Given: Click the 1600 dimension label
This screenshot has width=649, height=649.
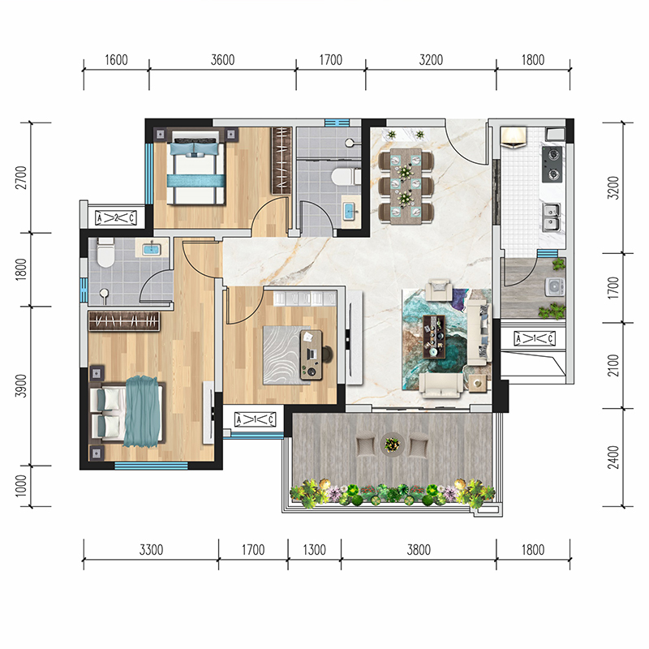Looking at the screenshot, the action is coord(116,60).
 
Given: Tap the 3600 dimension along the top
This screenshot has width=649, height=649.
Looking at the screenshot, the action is coord(222,60).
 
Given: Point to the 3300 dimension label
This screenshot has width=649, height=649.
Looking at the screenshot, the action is coord(151,550).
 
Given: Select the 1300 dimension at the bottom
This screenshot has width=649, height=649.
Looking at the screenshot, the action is coord(314,550).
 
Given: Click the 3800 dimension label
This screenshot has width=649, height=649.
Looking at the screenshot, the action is coord(419,550).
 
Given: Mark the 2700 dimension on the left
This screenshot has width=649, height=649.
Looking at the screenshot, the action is coord(21,178).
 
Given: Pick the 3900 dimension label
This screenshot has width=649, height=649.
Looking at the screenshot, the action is coord(21,386).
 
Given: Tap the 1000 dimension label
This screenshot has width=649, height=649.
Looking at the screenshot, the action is coord(21,485).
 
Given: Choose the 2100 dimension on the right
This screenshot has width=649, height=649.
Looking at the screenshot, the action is coord(613,366).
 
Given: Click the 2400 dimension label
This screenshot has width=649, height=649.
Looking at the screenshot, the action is coord(613,458).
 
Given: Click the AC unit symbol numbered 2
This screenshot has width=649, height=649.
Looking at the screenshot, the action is coord(116,217).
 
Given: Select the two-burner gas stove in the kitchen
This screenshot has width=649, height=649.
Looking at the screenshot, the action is coord(552,164).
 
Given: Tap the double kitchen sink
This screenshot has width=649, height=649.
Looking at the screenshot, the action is coord(552,217).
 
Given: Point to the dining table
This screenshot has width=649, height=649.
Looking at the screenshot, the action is coord(406,186).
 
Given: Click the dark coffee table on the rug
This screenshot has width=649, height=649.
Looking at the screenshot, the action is coord(434,337).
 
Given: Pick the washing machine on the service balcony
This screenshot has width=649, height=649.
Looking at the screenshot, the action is coord(555,287).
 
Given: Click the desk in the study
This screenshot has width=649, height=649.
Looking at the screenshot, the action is coord(312,355).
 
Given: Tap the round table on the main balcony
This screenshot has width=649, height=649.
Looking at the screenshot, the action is coord(392,445).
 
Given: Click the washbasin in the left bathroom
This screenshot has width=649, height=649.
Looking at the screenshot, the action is coord(152,249).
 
